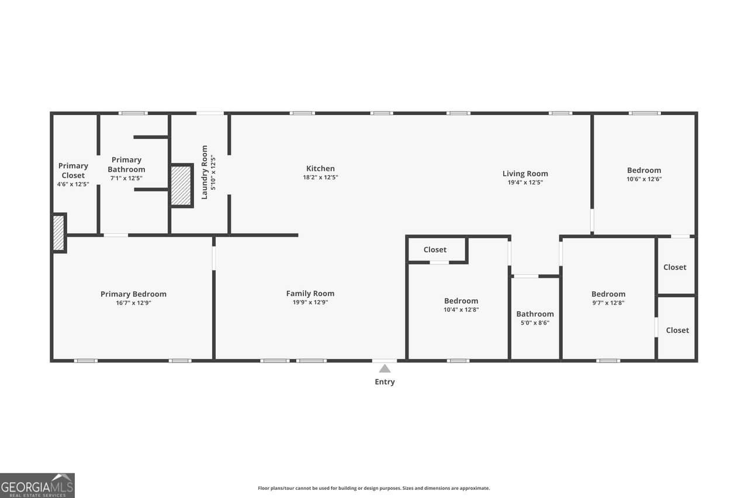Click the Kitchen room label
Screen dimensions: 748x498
(x=320, y=169)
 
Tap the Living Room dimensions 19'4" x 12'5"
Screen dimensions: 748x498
(x=525, y=183)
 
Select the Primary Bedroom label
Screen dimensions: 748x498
(x=133, y=294)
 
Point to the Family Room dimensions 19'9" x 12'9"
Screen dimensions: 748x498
(x=310, y=302)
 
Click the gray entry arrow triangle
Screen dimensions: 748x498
(x=385, y=368)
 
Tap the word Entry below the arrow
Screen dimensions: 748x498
(x=385, y=382)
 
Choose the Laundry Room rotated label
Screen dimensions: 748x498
(x=205, y=172)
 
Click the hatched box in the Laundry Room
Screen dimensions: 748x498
(x=181, y=186)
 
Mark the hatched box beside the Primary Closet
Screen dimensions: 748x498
(x=59, y=233)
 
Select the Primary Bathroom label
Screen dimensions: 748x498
(x=126, y=165)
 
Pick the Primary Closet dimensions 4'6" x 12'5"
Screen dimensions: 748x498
(x=73, y=184)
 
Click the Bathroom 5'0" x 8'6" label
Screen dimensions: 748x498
(x=535, y=318)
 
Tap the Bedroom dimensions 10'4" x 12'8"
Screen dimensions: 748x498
(x=461, y=309)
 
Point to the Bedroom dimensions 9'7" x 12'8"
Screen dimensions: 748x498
(x=608, y=303)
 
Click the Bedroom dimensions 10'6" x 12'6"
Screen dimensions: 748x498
(x=644, y=179)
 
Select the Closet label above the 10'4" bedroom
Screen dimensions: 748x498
(x=435, y=250)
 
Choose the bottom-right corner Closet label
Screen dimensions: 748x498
(x=677, y=330)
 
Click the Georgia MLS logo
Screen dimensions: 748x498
(x=37, y=485)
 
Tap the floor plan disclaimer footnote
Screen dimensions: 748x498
(x=373, y=488)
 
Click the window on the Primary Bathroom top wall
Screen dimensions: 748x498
(x=133, y=113)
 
